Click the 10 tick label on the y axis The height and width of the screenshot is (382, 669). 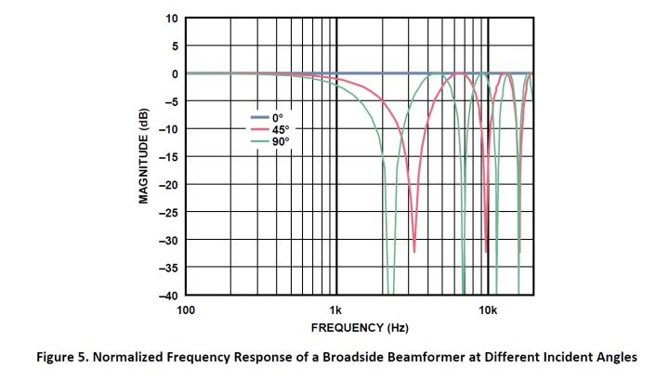171,18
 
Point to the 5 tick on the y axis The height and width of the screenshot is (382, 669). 174,46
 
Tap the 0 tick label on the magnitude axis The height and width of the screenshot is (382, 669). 174,73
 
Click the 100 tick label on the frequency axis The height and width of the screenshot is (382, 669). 186,309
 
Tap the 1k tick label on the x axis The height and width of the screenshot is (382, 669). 336,309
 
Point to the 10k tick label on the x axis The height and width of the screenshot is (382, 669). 488,309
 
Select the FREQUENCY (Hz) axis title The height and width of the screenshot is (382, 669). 359,327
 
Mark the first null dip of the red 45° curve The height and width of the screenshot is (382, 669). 414,249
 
